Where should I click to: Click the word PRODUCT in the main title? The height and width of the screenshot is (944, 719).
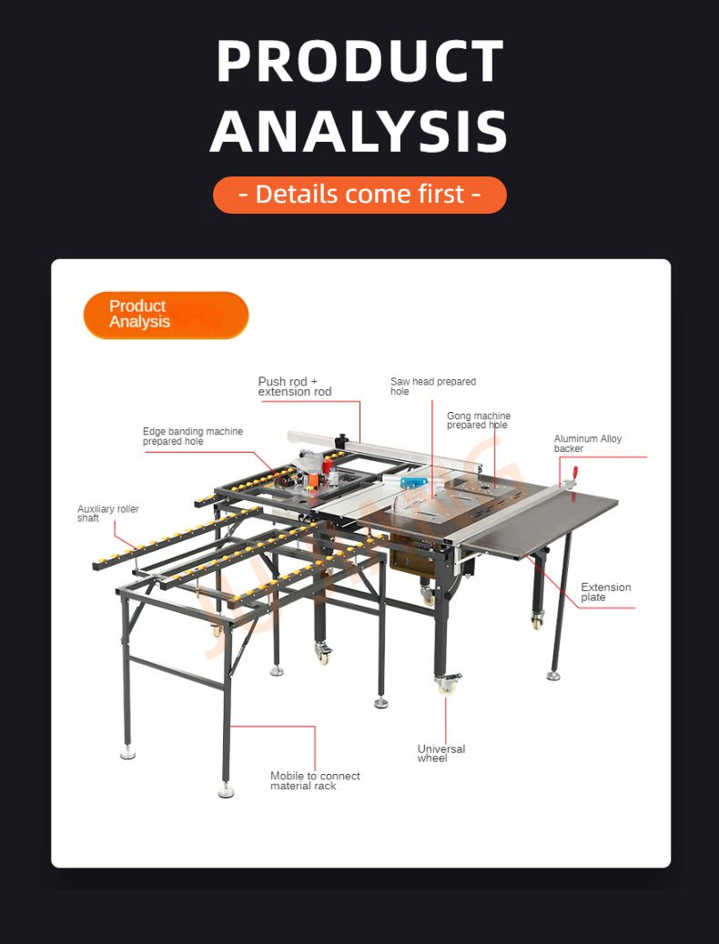pyautogui.click(x=359, y=61)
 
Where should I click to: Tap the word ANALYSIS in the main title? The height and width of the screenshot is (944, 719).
pyautogui.click(x=359, y=130)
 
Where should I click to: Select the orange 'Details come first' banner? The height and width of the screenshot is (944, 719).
pyautogui.click(x=359, y=195)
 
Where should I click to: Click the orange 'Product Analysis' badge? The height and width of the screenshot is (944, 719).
pyautogui.click(x=166, y=315)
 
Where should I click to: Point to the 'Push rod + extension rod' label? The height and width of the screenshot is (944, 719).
pyautogui.click(x=295, y=387)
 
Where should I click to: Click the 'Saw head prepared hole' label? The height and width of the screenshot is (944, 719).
pyautogui.click(x=432, y=387)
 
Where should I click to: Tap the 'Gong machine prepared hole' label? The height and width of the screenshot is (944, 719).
pyautogui.click(x=479, y=420)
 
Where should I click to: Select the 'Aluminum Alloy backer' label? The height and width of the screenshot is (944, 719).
pyautogui.click(x=588, y=444)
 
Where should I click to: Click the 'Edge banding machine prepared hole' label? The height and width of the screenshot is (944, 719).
pyautogui.click(x=193, y=437)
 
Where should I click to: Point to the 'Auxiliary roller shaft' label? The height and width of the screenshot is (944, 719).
pyautogui.click(x=108, y=514)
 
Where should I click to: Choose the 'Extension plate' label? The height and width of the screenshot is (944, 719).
pyautogui.click(x=606, y=592)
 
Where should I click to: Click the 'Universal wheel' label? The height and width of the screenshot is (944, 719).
pyautogui.click(x=441, y=753)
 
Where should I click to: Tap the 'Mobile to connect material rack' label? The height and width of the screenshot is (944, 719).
pyautogui.click(x=315, y=781)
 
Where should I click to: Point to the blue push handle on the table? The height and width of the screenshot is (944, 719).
pyautogui.click(x=414, y=482)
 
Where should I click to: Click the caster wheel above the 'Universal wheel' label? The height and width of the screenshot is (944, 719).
pyautogui.click(x=447, y=685)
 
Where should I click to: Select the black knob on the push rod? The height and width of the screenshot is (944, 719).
pyautogui.click(x=343, y=440)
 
